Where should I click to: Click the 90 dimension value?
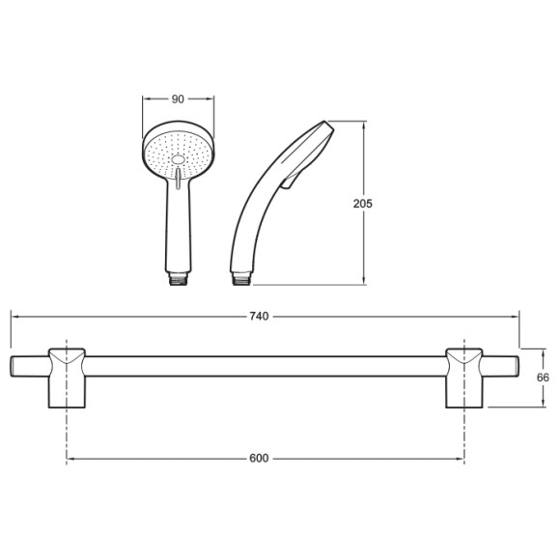[x=178, y=99]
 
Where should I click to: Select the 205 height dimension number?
[x=362, y=204]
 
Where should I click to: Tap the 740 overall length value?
[x=259, y=317]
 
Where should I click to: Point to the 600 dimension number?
[x=259, y=459]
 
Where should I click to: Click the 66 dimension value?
[x=543, y=378]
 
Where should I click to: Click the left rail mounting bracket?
[x=67, y=378]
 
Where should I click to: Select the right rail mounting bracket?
[x=464, y=378]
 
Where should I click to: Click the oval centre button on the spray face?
[x=178, y=159]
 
